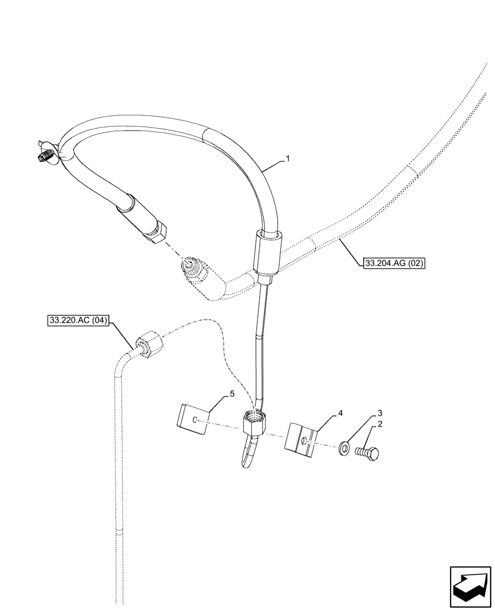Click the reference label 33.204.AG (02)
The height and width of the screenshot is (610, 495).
point(393,264)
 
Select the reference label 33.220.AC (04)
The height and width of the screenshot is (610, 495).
point(77,319)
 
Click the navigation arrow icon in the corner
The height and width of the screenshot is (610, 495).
point(470,584)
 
